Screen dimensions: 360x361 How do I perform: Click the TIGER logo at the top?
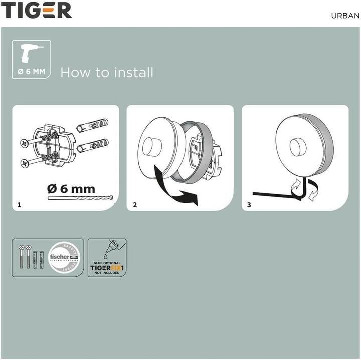(x=36, y=10)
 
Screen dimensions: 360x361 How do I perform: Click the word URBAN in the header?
(x=344, y=15)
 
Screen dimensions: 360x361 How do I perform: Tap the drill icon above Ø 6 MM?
(x=32, y=54)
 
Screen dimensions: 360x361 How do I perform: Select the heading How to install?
(x=107, y=72)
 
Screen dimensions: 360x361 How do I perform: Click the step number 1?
(x=19, y=205)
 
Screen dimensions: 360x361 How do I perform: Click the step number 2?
(x=134, y=205)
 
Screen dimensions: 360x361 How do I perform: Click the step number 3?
(x=250, y=205)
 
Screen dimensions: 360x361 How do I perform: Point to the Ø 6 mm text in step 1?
(x=71, y=189)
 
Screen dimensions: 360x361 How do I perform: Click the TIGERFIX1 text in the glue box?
(x=107, y=268)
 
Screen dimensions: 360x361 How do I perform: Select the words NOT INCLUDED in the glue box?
(x=107, y=273)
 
